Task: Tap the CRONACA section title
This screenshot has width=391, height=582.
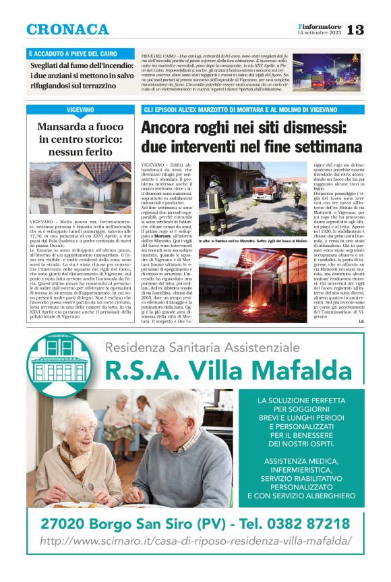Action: coord(67,30)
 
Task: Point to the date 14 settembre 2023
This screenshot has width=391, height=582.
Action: coord(320,33)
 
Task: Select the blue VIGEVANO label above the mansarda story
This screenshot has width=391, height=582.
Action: coord(80,109)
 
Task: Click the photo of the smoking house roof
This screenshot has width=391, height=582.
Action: coord(80,187)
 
